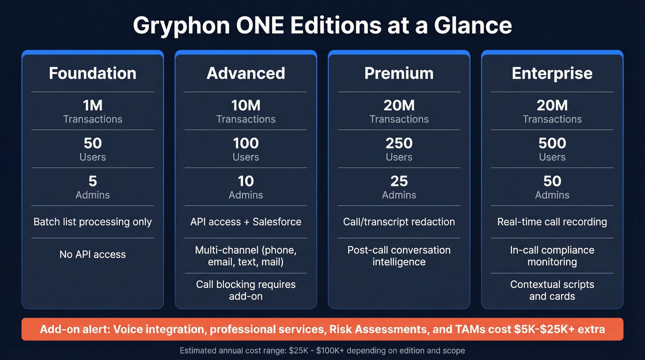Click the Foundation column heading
tap(93, 73)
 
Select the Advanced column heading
tap(246, 73)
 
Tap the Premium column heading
tap(399, 73)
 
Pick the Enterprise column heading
tap(552, 73)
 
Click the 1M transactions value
tap(93, 106)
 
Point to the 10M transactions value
tap(246, 106)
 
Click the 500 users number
tap(552, 143)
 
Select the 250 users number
tap(399, 143)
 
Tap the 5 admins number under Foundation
tap(93, 181)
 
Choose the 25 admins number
tap(399, 181)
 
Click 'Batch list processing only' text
tap(93, 222)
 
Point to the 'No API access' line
tap(93, 254)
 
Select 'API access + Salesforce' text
tap(246, 222)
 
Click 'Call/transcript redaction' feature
tap(399, 222)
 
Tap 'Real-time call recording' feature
tap(552, 222)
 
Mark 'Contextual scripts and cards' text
tap(552, 290)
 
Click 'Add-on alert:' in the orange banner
tap(75, 329)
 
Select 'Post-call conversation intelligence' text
tap(399, 256)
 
